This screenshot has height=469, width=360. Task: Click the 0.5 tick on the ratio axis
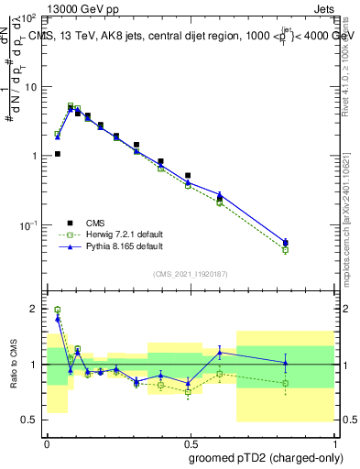31,420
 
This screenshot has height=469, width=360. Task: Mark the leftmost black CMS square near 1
58,154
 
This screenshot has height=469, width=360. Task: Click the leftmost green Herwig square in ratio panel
58,311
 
